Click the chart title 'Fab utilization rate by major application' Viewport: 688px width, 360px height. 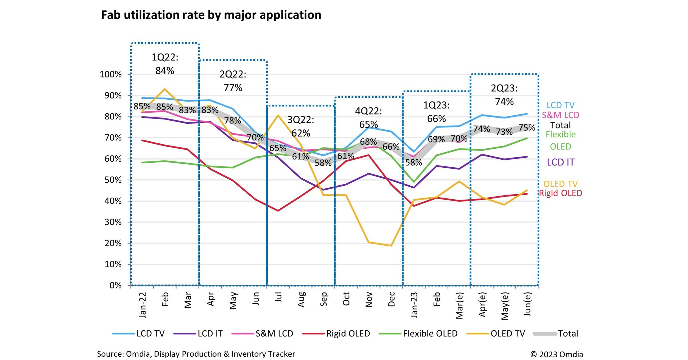click(211, 15)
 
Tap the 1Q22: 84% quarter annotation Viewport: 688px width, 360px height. click(165, 64)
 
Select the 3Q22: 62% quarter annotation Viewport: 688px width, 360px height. click(301, 126)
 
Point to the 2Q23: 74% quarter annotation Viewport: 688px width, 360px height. click(504, 95)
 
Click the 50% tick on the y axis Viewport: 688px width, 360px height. click(111, 180)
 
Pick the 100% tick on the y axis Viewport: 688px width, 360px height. click(111, 75)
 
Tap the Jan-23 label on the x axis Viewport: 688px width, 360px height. click(414, 305)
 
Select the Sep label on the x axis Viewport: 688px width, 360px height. click(324, 299)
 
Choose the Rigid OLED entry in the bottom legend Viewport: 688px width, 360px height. click(348, 333)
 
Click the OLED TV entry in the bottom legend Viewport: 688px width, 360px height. click(507, 333)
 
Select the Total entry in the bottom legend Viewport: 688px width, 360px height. click(568, 333)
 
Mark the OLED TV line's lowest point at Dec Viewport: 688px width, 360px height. click(391, 246)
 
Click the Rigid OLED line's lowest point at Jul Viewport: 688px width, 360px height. click(278, 211)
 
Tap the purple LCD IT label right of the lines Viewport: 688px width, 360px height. click(561, 162)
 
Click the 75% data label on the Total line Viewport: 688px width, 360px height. click(527, 128)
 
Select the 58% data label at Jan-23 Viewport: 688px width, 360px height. click(414, 162)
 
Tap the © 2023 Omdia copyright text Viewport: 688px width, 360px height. click(556, 354)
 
